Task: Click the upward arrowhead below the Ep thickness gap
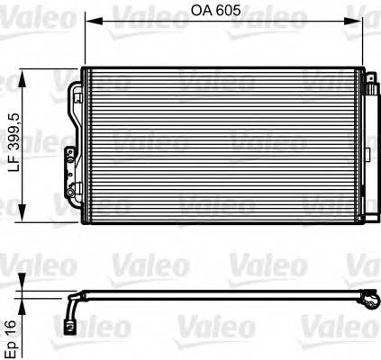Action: [x=23, y=301]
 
